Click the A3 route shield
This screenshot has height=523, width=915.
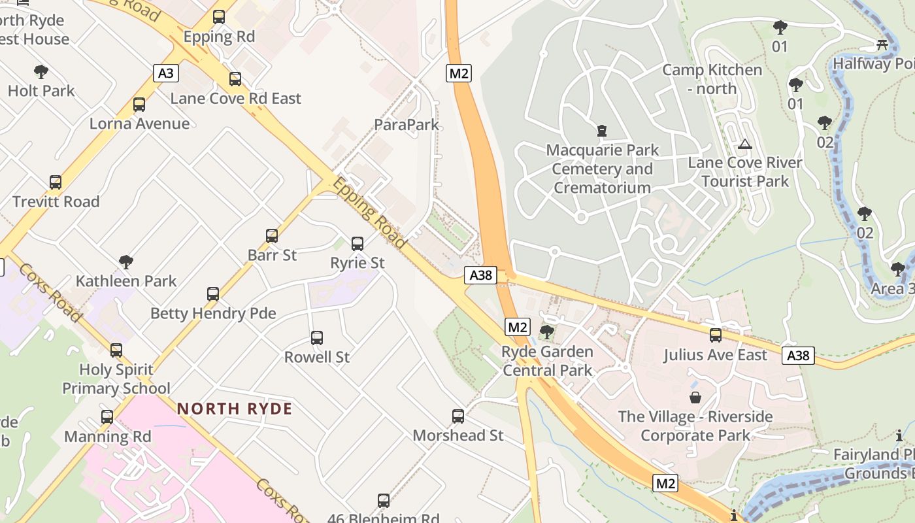(166, 73)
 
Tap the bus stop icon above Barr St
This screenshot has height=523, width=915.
(272, 236)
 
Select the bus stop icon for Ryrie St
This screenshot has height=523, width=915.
(358, 244)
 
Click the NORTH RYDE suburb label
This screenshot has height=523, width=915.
(235, 409)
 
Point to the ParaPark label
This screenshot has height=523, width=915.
(407, 124)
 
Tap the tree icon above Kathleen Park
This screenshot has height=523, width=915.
(126, 262)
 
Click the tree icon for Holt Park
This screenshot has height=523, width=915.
(41, 72)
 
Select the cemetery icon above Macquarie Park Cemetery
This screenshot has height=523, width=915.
(602, 131)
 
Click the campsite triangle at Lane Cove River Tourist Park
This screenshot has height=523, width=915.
(744, 144)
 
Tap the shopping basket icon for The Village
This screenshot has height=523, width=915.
(695, 397)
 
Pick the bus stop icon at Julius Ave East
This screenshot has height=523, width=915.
(716, 335)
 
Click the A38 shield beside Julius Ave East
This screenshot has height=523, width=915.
(798, 356)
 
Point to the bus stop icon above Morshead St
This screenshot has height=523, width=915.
(458, 416)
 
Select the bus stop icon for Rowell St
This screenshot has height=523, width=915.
(317, 338)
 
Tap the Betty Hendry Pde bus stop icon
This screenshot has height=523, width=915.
(213, 294)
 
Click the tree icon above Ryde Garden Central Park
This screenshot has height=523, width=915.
(547, 332)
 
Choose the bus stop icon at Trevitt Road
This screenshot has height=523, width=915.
(56, 182)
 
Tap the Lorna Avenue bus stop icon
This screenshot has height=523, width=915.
(139, 105)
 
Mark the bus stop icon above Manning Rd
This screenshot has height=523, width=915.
(107, 417)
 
